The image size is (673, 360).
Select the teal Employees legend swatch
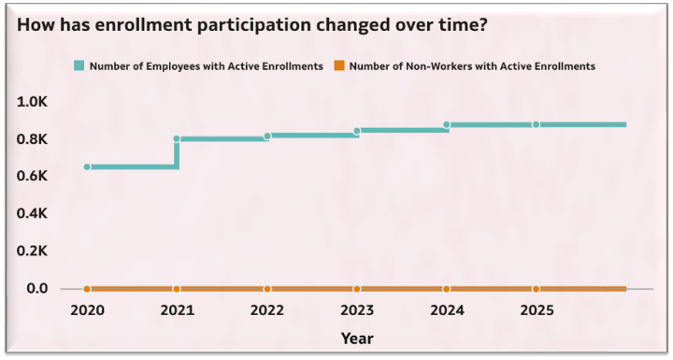[x=79, y=66]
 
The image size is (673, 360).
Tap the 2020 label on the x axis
[x=87, y=310]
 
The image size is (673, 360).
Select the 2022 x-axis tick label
[x=267, y=310]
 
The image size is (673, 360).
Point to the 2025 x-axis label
[x=537, y=310]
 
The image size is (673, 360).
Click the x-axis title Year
[x=357, y=337]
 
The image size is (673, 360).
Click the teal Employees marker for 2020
[x=87, y=166]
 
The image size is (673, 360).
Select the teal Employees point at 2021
[x=177, y=139]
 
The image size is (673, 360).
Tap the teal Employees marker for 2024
[x=447, y=124]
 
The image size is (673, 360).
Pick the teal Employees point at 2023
[x=357, y=132]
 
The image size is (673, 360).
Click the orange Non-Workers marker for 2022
[x=267, y=289]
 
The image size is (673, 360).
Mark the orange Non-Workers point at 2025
[x=537, y=289]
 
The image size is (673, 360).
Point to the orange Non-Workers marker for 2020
[x=87, y=289]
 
